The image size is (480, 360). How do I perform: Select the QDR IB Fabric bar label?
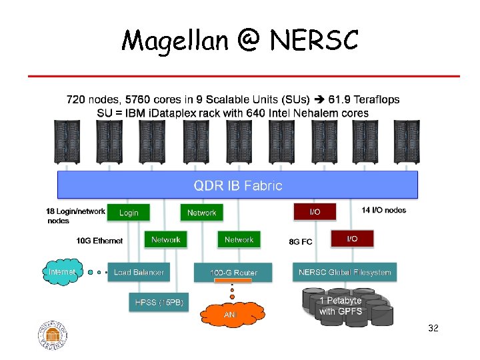point(238,185)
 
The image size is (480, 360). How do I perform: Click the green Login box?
point(129,213)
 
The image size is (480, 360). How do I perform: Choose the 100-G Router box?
point(233,273)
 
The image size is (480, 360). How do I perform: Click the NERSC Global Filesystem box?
point(345,272)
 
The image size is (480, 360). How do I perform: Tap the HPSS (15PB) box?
point(158,303)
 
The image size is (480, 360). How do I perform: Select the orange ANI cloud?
point(230,313)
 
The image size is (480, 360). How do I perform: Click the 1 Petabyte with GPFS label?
point(340,306)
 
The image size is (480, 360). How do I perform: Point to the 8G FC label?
point(301,241)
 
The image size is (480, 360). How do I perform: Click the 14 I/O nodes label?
point(384,211)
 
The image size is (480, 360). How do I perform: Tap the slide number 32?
point(433,329)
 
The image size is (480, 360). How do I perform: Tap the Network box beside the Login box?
point(201,213)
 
